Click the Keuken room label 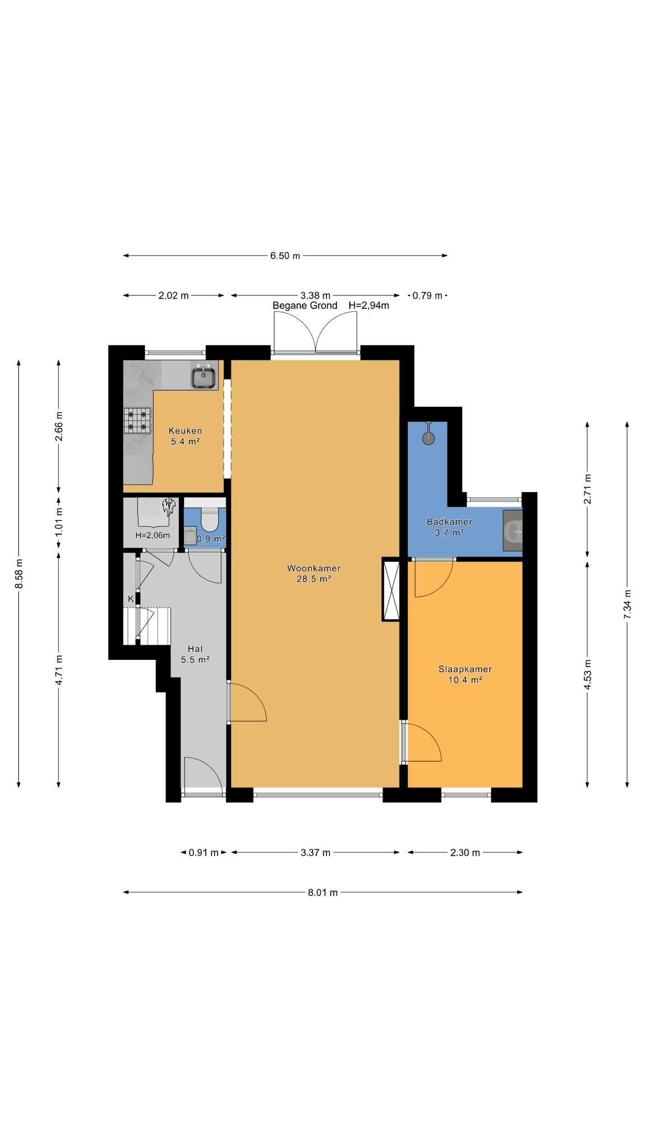pyautogui.click(x=185, y=430)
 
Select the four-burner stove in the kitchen pyautogui.click(x=138, y=420)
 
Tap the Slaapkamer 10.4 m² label pyautogui.click(x=465, y=674)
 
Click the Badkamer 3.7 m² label pyautogui.click(x=449, y=527)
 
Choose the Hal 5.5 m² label pyautogui.click(x=195, y=654)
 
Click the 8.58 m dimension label pyautogui.click(x=19, y=574)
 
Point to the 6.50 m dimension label pyautogui.click(x=285, y=256)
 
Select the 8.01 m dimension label pyautogui.click(x=323, y=892)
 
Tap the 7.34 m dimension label pyautogui.click(x=627, y=604)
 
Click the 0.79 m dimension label pyautogui.click(x=428, y=295)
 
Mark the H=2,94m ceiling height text pyautogui.click(x=369, y=305)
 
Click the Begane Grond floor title pyautogui.click(x=305, y=305)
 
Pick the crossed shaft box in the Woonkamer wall pyautogui.click(x=391, y=589)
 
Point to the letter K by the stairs pyautogui.click(x=131, y=599)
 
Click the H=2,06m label pyautogui.click(x=153, y=535)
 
